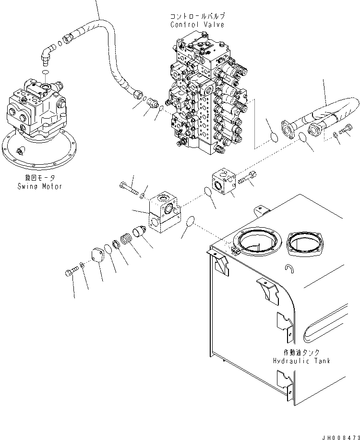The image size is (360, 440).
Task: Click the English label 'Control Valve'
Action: coord(197,24)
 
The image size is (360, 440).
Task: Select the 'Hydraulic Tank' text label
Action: coord(300,361)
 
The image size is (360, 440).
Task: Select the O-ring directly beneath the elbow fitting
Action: coord(45,72)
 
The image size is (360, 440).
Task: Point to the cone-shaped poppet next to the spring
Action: coord(141,232)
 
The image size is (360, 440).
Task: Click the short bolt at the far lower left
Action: coord(69,273)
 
